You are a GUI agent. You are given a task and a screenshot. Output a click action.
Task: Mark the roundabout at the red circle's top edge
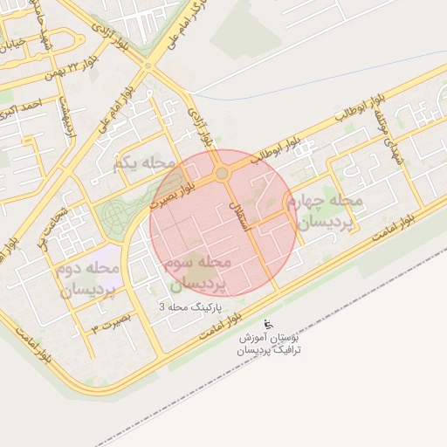point(222,174)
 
